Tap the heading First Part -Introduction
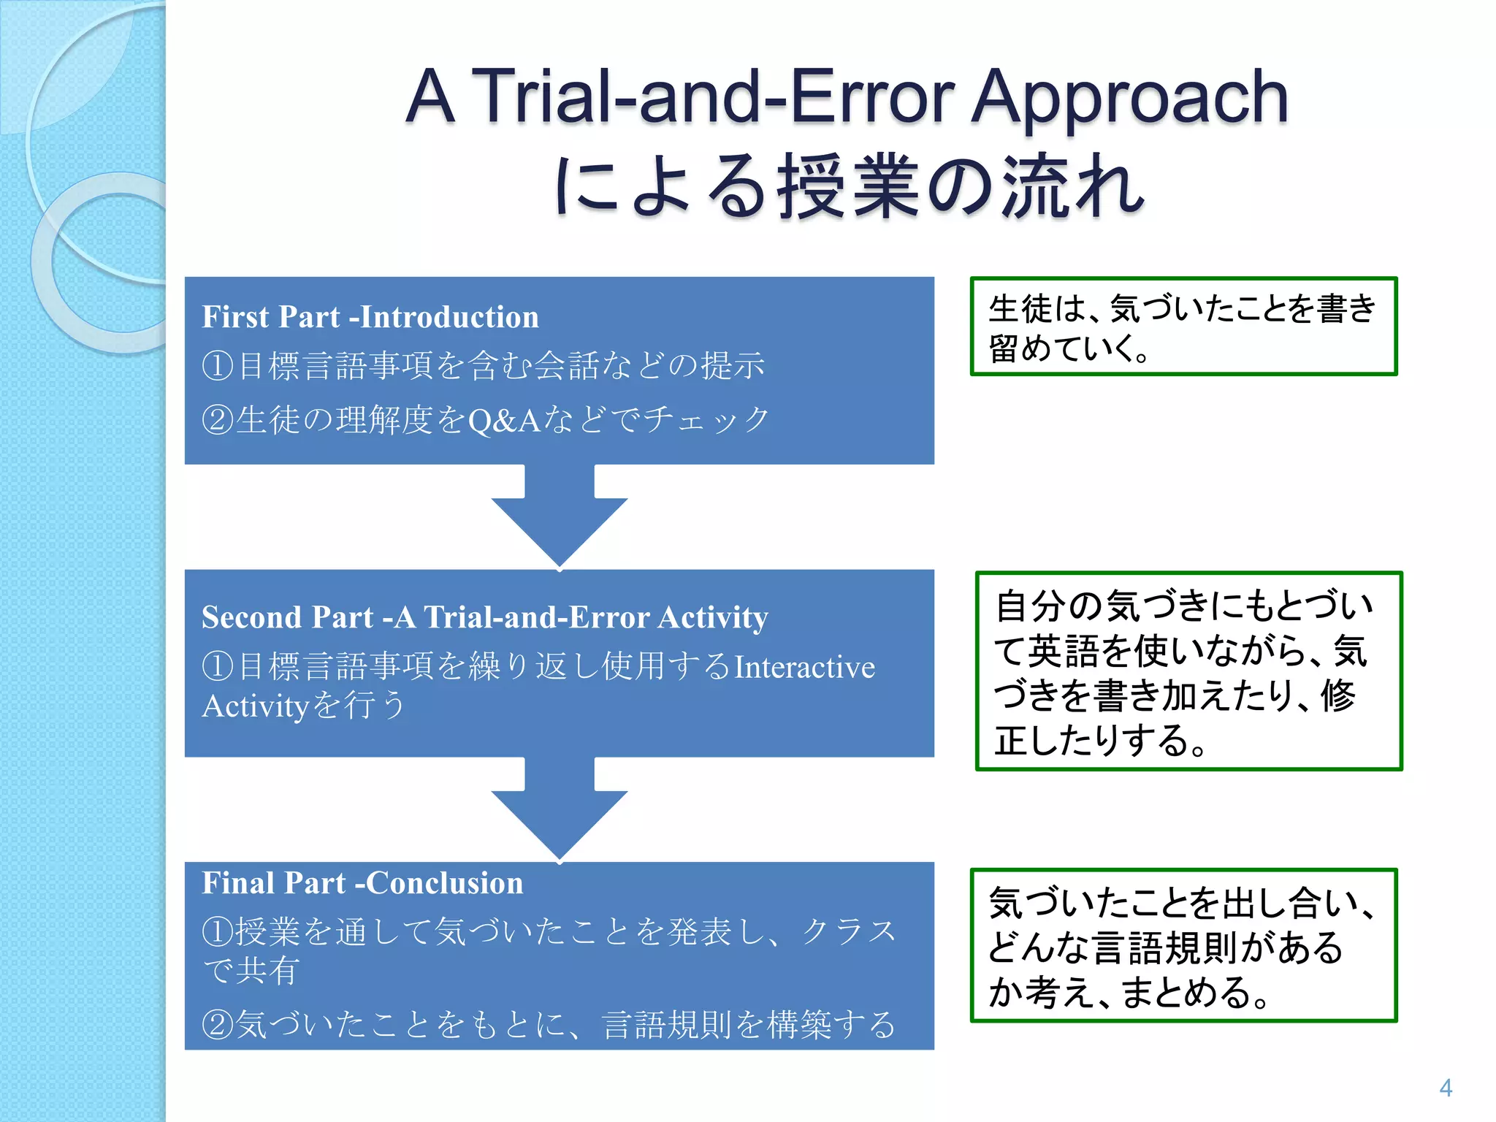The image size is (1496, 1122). tap(370, 317)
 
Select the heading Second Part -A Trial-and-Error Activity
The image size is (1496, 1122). tap(484, 617)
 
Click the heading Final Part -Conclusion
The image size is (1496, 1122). tap(362, 883)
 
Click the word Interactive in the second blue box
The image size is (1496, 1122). tap(804, 667)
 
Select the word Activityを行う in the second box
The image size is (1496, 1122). tap(303, 706)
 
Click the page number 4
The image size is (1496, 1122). tap(1445, 1088)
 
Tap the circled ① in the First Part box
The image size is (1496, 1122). tap(217, 365)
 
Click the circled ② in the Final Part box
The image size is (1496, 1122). tap(217, 1024)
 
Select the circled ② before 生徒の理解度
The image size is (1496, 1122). tap(217, 421)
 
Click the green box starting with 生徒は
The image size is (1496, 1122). tap(1183, 327)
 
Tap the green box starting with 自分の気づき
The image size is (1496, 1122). tap(1188, 671)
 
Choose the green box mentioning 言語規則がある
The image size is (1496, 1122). tap(1183, 945)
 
